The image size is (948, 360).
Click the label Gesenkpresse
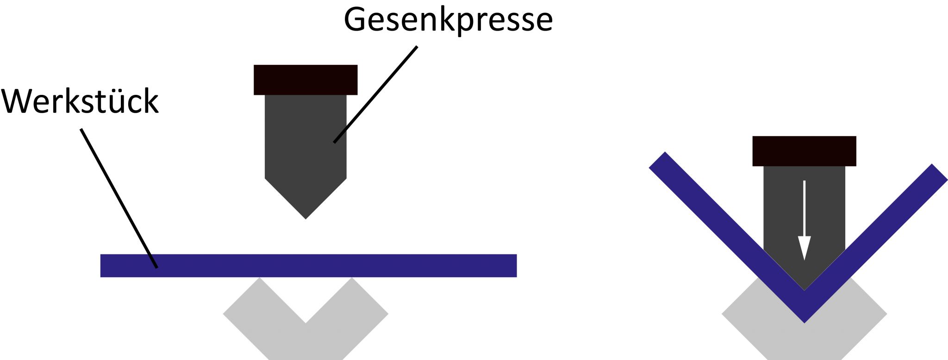pos(448,19)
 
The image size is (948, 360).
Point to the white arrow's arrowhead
pos(805,248)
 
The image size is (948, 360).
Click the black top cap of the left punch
pos(306,80)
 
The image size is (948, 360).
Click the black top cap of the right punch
pos(804,151)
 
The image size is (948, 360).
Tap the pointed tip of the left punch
pos(306,216)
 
